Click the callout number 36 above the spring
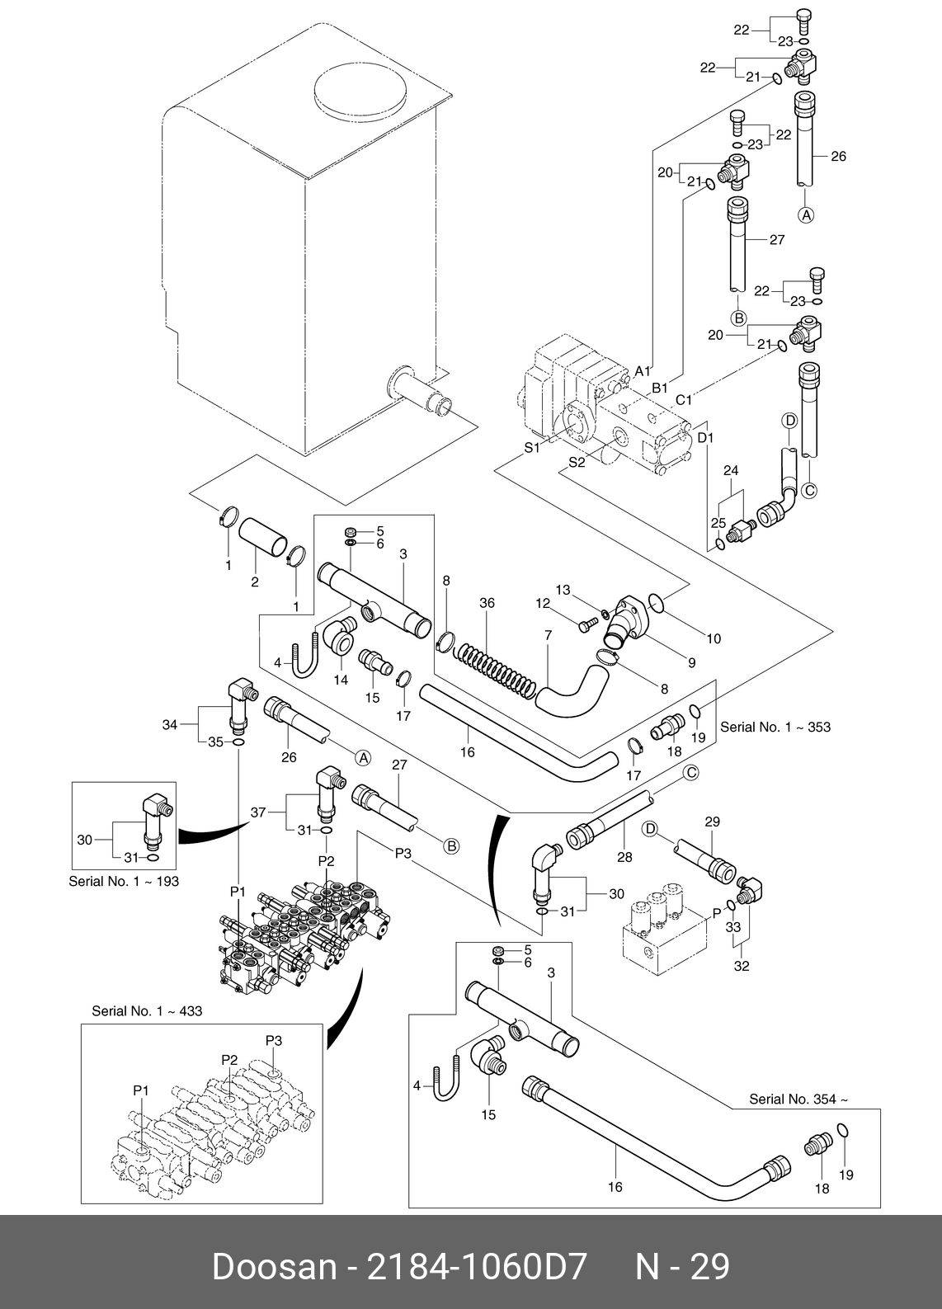[487, 603]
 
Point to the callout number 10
[714, 638]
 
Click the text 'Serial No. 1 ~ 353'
[775, 727]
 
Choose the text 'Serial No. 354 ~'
[798, 1099]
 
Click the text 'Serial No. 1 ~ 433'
[147, 1010]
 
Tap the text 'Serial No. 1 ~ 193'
[124, 881]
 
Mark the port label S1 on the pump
[532, 448]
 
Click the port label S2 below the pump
[576, 463]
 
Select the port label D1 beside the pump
[705, 437]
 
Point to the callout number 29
[712, 822]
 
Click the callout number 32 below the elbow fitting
[742, 966]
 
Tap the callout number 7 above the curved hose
[548, 635]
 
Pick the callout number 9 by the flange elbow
[691, 662]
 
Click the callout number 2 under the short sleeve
[255, 582]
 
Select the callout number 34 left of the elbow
[170, 725]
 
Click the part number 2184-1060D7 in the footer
[477, 1266]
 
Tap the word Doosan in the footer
[273, 1266]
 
